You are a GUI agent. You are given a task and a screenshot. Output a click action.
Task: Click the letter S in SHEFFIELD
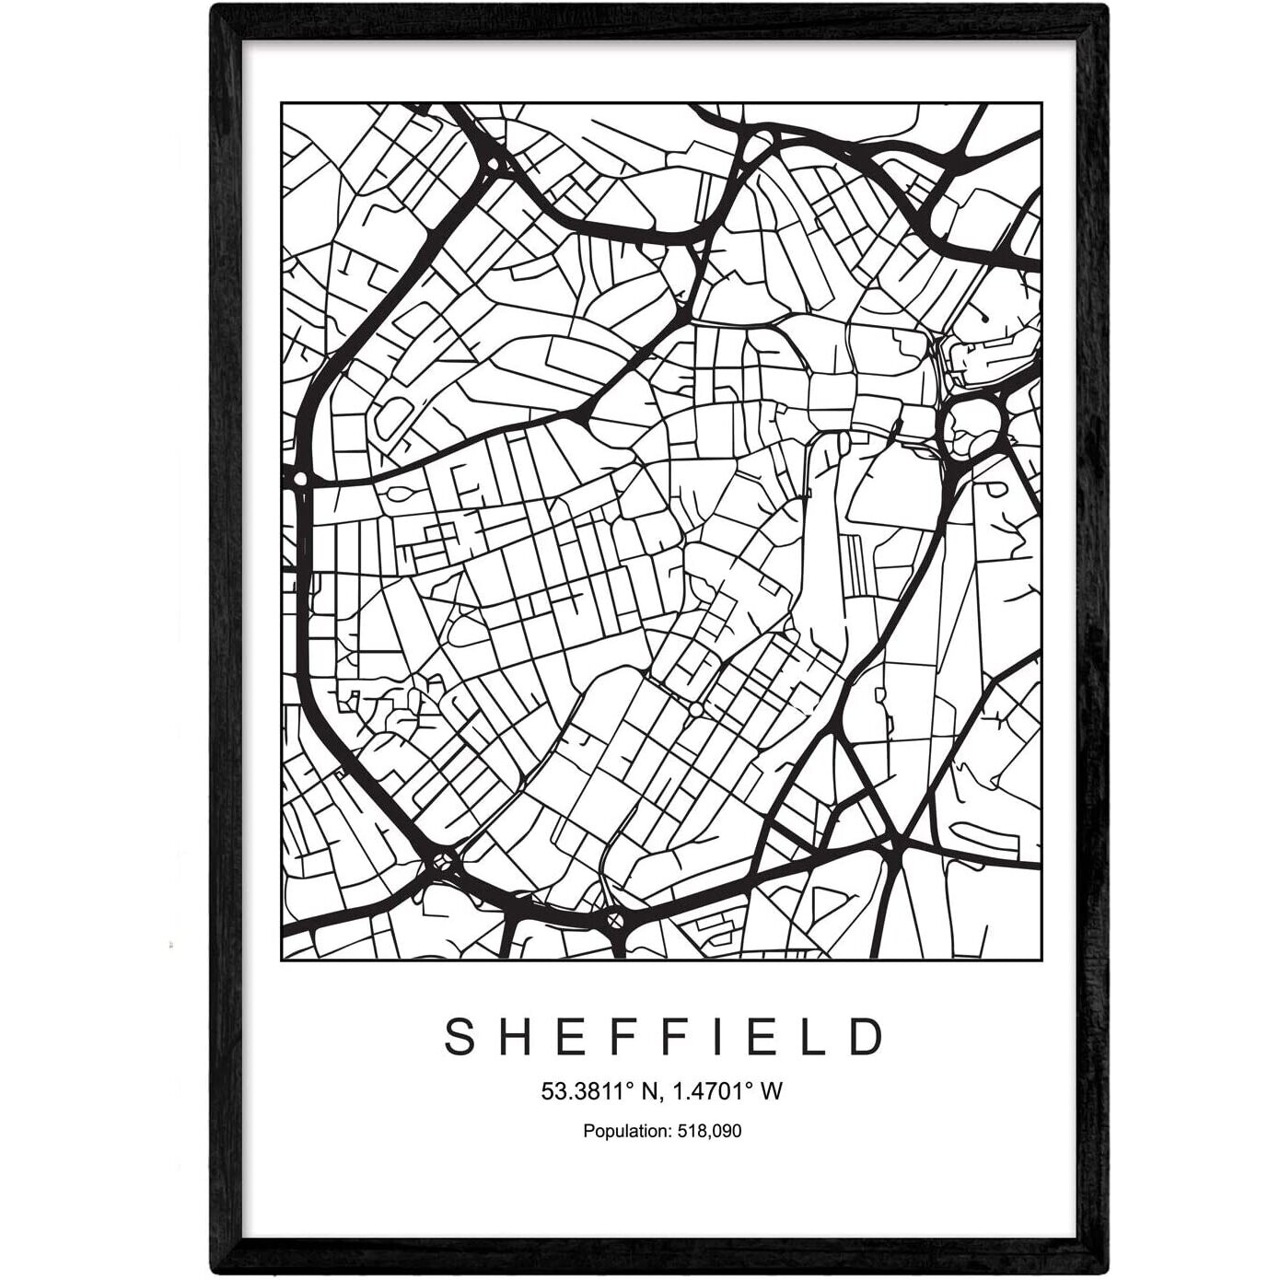[460, 1037]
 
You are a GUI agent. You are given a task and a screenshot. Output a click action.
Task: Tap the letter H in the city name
[513, 1037]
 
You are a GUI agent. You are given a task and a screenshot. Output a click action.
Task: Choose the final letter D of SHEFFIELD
[865, 1037]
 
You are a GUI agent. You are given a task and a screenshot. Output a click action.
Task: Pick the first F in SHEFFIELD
[619, 1037]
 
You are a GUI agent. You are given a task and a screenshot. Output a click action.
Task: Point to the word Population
[623, 1131]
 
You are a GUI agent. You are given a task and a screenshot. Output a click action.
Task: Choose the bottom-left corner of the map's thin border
[281, 960]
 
